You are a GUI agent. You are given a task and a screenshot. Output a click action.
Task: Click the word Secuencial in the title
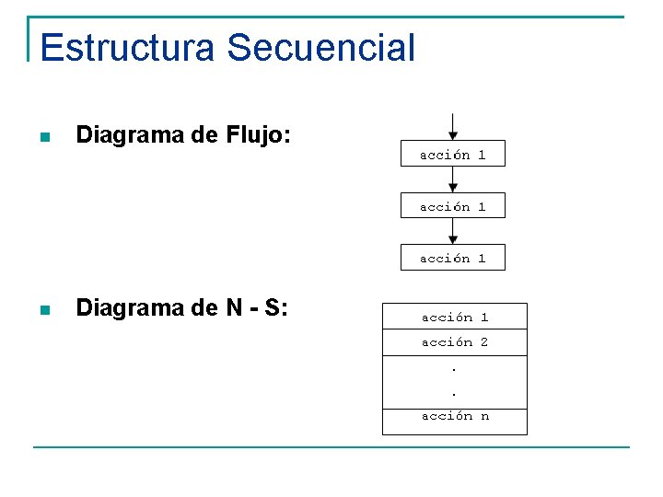coord(321,48)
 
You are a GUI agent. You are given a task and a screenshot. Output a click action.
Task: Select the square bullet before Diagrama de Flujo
coord(42,138)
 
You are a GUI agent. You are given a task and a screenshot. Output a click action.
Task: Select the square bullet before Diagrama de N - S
coord(42,310)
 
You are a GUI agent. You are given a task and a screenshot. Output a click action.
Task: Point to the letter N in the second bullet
coord(234,308)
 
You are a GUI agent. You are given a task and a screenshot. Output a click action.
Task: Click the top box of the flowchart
coord(452,155)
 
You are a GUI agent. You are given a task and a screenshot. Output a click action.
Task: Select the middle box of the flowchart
coord(452,206)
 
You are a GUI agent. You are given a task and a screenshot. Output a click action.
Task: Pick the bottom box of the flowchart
coord(452,258)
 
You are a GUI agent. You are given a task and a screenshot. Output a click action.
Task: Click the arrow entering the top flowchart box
coord(452,127)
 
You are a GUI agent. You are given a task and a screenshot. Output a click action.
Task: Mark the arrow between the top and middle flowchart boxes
coord(452,179)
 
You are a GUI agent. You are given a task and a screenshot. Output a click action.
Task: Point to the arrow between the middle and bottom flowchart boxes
coord(452,231)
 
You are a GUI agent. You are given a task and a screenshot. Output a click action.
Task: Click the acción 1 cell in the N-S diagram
coord(455,317)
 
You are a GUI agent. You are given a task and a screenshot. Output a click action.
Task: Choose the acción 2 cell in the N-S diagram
coord(455,341)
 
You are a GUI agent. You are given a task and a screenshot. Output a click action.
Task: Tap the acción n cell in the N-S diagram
coord(455,416)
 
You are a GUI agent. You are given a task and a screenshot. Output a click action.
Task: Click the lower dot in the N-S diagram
coord(455,393)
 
